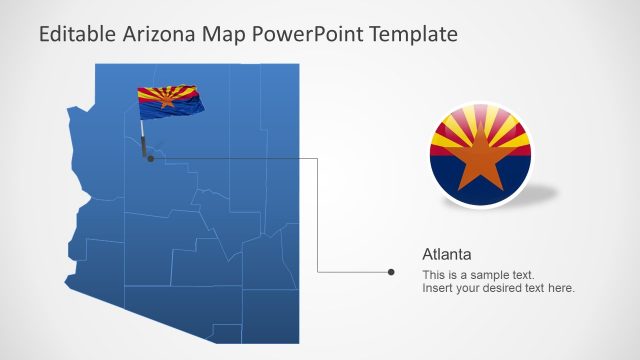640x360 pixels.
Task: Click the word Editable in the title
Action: coord(76,34)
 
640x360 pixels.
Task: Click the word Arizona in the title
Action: coord(161,34)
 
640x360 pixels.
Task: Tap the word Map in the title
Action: coord(225,34)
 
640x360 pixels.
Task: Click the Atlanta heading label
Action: coord(447,254)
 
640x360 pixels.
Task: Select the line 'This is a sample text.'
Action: coord(478,275)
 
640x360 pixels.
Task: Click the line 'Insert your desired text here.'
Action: coord(498,288)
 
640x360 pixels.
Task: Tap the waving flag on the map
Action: coord(171,100)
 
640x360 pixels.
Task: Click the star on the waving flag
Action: coord(166,98)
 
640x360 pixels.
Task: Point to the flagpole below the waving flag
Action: coord(146,138)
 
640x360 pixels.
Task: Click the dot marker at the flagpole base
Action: coord(149,158)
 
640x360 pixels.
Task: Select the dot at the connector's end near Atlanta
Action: coord(391,271)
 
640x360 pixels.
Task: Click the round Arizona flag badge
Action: coord(481,155)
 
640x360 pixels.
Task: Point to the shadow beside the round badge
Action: coord(545,192)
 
